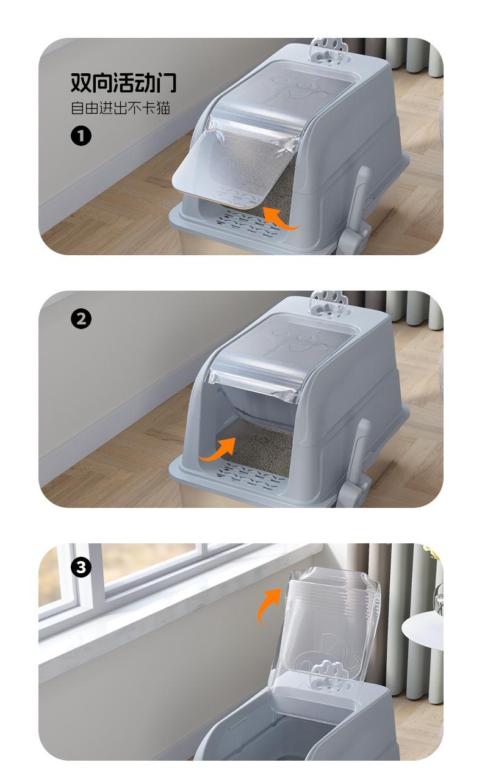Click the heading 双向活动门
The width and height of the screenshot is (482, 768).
[123, 82]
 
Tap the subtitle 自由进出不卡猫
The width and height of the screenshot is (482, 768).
[120, 108]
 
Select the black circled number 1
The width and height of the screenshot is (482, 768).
[81, 136]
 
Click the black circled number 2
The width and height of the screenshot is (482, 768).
[81, 319]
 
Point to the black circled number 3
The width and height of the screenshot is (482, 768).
[81, 567]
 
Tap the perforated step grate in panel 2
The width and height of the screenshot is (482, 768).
[251, 476]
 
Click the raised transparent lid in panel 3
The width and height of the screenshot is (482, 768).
[325, 638]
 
